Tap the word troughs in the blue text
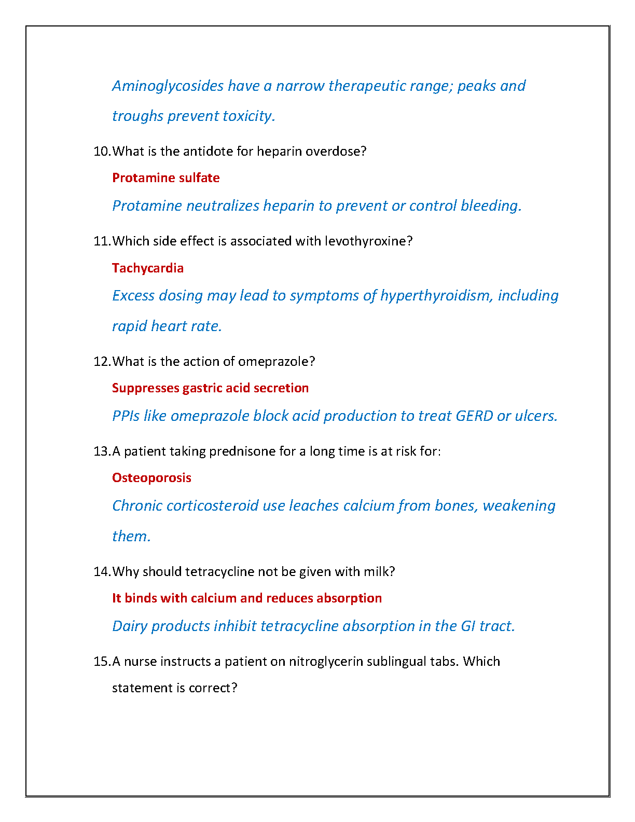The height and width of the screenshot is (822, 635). point(137,116)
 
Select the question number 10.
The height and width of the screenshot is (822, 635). point(102,152)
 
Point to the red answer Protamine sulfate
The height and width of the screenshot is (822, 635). point(165,178)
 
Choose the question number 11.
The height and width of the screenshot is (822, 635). point(102,241)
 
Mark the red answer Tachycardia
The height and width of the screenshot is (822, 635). point(147,268)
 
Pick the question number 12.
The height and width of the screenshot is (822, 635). point(102,362)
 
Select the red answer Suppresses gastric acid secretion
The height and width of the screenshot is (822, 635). point(210,388)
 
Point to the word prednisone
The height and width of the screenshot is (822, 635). point(242,451)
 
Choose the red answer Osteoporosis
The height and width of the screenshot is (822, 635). point(151,478)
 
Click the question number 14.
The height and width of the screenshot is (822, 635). point(102,572)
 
